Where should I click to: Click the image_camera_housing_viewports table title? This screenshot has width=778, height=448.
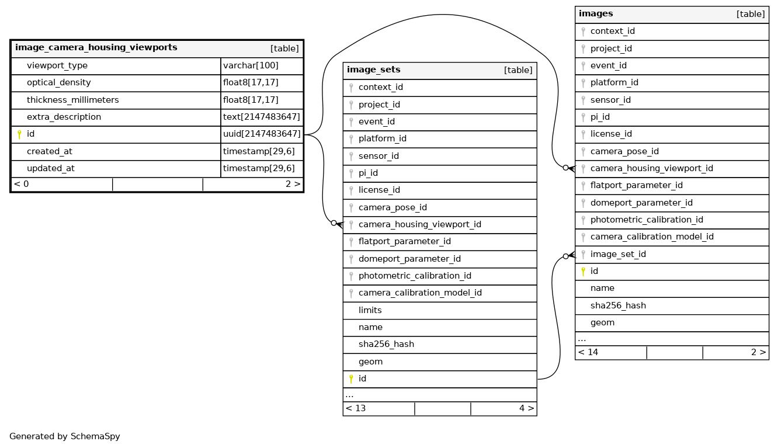click(96, 48)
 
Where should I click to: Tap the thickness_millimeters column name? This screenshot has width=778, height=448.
click(72, 100)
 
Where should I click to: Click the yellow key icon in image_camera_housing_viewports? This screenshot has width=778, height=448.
click(19, 134)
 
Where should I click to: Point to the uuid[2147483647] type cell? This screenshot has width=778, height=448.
click(262, 134)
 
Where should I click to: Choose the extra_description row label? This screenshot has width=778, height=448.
click(64, 117)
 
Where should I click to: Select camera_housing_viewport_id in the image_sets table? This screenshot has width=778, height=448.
click(419, 224)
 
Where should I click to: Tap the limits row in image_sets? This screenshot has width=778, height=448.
click(370, 310)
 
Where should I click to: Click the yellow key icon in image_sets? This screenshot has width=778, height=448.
click(351, 379)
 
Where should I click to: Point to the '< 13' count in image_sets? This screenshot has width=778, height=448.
click(356, 408)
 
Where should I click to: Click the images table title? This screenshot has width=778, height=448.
click(596, 14)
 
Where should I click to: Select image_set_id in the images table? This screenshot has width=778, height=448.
click(618, 254)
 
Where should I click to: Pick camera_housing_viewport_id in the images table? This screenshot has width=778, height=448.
click(651, 168)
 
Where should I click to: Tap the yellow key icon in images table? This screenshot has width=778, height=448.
click(583, 271)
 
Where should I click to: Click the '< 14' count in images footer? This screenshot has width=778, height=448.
click(588, 352)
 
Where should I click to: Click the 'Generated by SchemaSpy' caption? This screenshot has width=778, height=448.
click(65, 436)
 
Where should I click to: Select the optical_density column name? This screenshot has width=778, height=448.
click(58, 83)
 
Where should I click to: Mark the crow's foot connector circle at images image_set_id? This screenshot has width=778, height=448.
click(565, 256)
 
